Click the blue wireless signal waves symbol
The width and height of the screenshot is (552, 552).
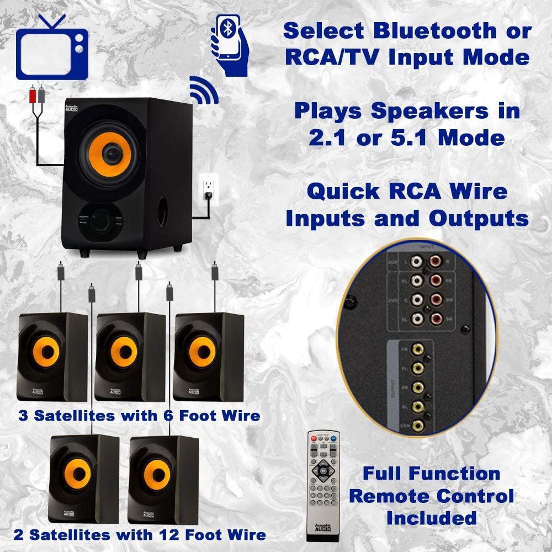pos(204,90)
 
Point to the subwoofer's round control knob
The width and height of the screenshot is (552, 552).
pos(102,220)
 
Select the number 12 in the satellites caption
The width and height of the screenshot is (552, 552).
pos(168,534)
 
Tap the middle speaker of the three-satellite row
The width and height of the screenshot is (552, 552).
pos(131,355)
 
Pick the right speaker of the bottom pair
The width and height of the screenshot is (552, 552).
pos(163,479)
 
